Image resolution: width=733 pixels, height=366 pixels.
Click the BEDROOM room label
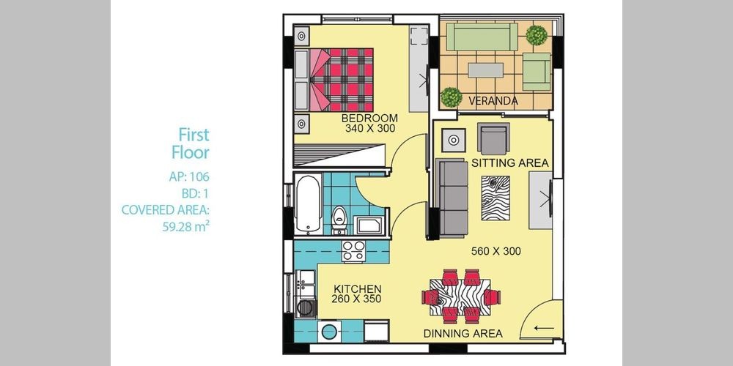point(369,118)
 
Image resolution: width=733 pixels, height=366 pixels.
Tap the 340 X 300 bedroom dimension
point(369,128)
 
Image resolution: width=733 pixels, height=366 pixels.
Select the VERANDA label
point(493,101)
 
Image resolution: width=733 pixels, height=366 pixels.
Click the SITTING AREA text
point(509,163)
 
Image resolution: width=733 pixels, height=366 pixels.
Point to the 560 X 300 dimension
point(496,251)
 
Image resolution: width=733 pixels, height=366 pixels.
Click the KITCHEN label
point(357,289)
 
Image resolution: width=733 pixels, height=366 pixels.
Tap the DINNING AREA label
point(463,333)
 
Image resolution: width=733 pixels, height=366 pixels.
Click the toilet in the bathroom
point(339,220)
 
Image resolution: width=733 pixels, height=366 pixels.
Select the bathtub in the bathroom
point(308,203)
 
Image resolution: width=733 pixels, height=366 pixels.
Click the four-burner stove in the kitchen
point(353,250)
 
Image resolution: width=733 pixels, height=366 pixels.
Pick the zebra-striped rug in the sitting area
point(496,198)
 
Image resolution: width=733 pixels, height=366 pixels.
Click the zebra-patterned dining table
point(460,296)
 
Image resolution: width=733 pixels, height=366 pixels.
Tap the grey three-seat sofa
point(452,198)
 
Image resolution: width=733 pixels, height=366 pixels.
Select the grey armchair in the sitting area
point(493,138)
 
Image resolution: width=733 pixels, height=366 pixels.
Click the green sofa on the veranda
point(482,37)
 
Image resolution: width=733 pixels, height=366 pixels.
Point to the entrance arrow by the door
point(544,328)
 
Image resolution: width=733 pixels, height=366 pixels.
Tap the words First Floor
point(191,143)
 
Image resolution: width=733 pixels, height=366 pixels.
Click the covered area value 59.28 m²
point(185,227)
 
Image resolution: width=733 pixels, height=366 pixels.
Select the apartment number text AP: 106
point(189,177)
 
